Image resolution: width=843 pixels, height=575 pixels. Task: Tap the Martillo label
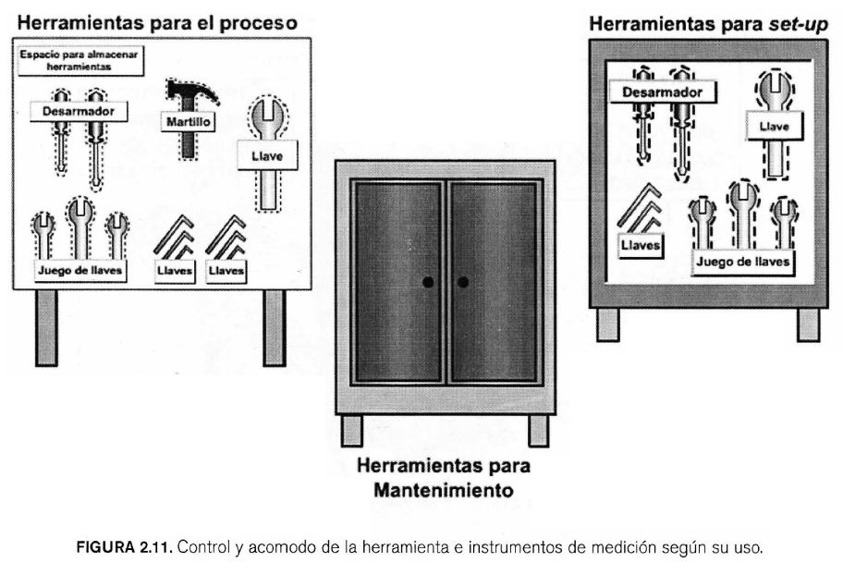(189, 121)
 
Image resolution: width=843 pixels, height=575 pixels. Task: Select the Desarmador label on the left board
(77, 111)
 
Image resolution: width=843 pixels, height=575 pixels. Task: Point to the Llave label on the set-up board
(774, 127)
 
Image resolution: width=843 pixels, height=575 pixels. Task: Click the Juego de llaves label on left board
(79, 270)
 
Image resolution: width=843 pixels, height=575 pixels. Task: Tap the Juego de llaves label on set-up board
(743, 261)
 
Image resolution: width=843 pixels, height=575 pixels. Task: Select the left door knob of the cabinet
(428, 282)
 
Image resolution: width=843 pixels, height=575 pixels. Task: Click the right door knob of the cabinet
(463, 282)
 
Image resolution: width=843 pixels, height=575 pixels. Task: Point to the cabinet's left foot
(352, 430)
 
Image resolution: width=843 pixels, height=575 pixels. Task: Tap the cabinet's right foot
(538, 430)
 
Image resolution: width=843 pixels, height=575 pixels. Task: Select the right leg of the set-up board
(808, 324)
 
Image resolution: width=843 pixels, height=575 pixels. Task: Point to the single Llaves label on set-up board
(638, 247)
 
